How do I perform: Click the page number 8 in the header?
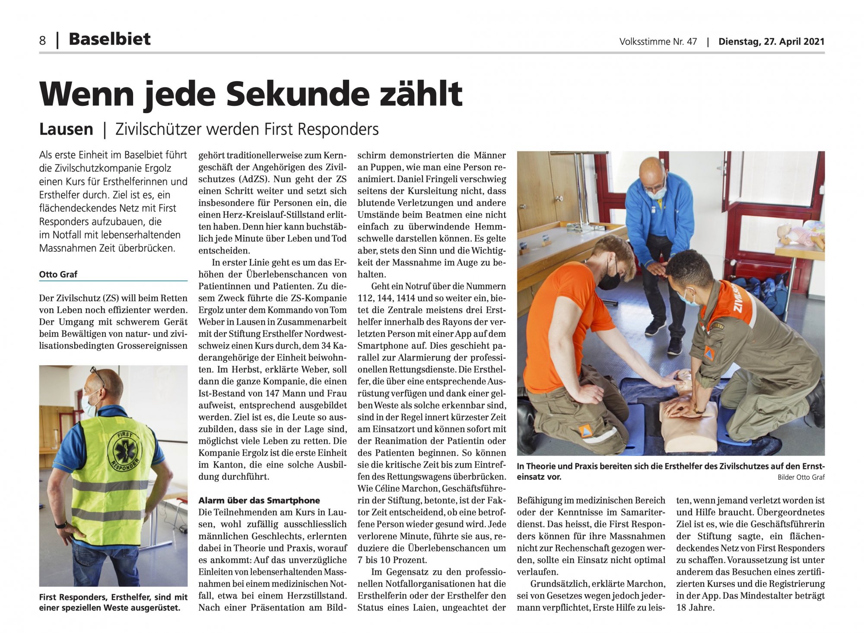coord(42,40)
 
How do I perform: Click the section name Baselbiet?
coord(109,39)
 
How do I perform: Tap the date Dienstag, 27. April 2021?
coord(771,41)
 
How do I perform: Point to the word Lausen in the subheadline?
coord(66,129)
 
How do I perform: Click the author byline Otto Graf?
coord(58,274)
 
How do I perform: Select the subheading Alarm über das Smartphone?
coord(259,500)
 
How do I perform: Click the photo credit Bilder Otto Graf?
coord(801,477)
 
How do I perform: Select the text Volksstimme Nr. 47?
coord(658,41)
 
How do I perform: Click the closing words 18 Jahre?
coord(695,608)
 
